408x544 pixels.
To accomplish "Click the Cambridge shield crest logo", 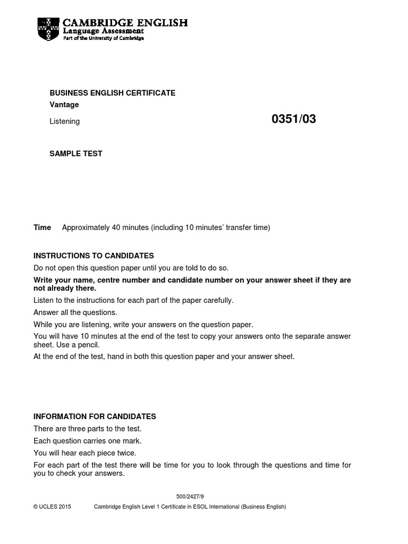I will coord(48,29).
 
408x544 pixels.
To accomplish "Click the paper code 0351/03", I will coord(293,120).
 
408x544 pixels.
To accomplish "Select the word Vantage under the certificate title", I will coord(64,105).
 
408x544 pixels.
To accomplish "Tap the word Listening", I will coord(64,122).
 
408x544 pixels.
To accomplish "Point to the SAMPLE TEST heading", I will coord(76,154).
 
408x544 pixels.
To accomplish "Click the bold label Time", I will coord(42,228).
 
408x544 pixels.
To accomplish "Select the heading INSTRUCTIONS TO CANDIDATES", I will coord(93,256).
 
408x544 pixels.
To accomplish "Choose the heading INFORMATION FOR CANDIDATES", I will coord(95,417).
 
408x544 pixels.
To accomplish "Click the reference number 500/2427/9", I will coord(190,497).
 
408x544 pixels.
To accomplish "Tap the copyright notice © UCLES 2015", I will coord(52,507).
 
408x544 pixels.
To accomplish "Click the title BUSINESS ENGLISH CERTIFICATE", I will coord(112,93).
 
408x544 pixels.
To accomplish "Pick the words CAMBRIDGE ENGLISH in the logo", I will coord(125,23).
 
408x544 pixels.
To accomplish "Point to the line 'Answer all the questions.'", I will coord(75,313).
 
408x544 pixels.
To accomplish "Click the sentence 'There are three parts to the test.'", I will coord(88,429).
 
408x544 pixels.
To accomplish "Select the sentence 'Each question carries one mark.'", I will coord(88,441).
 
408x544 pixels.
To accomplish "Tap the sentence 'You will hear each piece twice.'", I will coord(85,454).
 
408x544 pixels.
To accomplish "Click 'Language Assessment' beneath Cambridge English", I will coord(103,31).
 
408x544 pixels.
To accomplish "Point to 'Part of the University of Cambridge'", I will coord(103,38).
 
